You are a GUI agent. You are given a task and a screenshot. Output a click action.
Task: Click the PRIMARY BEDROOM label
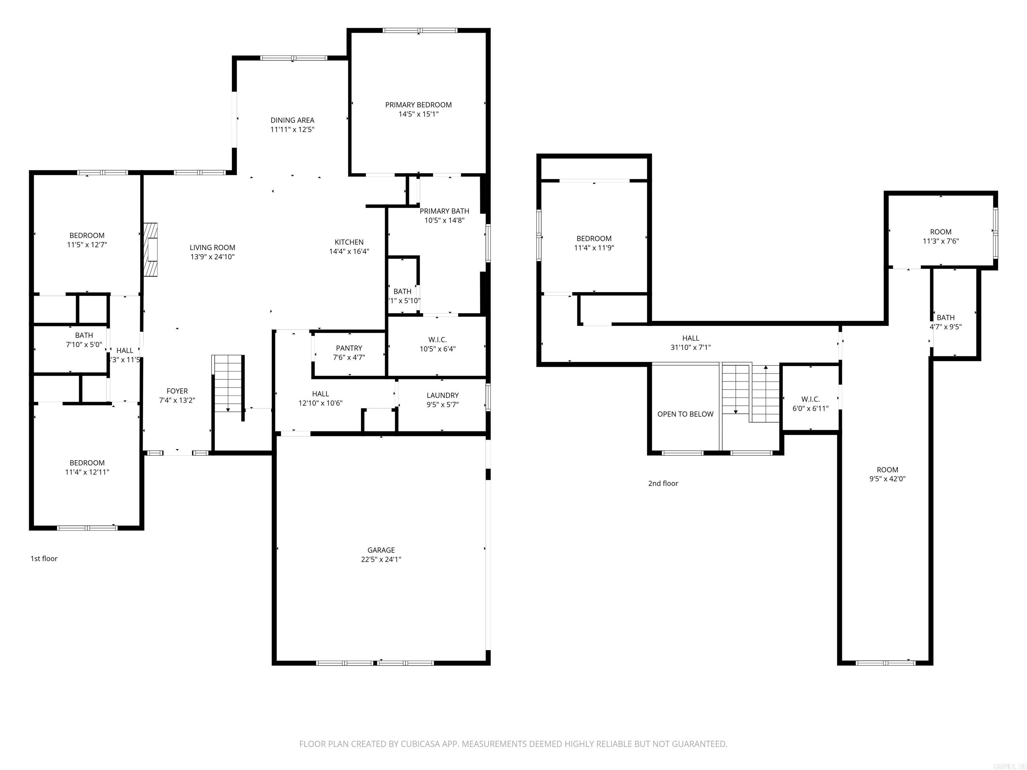418,105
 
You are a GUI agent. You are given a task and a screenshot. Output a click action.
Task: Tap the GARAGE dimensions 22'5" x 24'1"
381,559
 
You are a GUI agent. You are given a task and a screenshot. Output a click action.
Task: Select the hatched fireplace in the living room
150,250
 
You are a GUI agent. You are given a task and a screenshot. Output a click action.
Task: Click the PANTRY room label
349,348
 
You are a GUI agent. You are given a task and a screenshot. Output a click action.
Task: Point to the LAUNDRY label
443,395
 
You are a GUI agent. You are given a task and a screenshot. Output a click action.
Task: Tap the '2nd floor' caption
663,483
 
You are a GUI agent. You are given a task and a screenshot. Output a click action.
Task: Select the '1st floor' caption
44,558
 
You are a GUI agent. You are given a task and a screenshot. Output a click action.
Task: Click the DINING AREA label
292,120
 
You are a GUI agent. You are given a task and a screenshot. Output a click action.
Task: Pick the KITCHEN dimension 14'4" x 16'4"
349,252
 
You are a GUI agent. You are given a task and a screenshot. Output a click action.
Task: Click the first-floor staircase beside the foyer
228,383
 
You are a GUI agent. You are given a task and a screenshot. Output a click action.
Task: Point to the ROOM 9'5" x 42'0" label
887,474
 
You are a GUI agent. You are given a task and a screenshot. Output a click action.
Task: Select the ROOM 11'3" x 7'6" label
941,236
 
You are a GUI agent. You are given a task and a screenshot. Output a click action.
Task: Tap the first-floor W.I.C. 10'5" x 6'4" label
437,344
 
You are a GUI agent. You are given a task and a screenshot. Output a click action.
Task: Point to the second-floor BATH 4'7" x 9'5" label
945,322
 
